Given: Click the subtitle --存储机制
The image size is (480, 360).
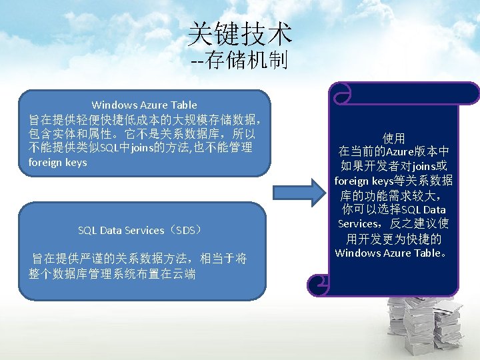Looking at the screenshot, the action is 239,62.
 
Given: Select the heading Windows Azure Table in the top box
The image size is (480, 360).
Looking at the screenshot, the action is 144,105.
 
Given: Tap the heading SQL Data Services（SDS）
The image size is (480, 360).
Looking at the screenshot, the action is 139,230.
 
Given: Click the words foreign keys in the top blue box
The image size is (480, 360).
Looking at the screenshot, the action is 57,162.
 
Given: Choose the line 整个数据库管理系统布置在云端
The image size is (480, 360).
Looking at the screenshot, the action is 112,273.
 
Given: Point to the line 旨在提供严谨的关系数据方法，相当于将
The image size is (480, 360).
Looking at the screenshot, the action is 139,259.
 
